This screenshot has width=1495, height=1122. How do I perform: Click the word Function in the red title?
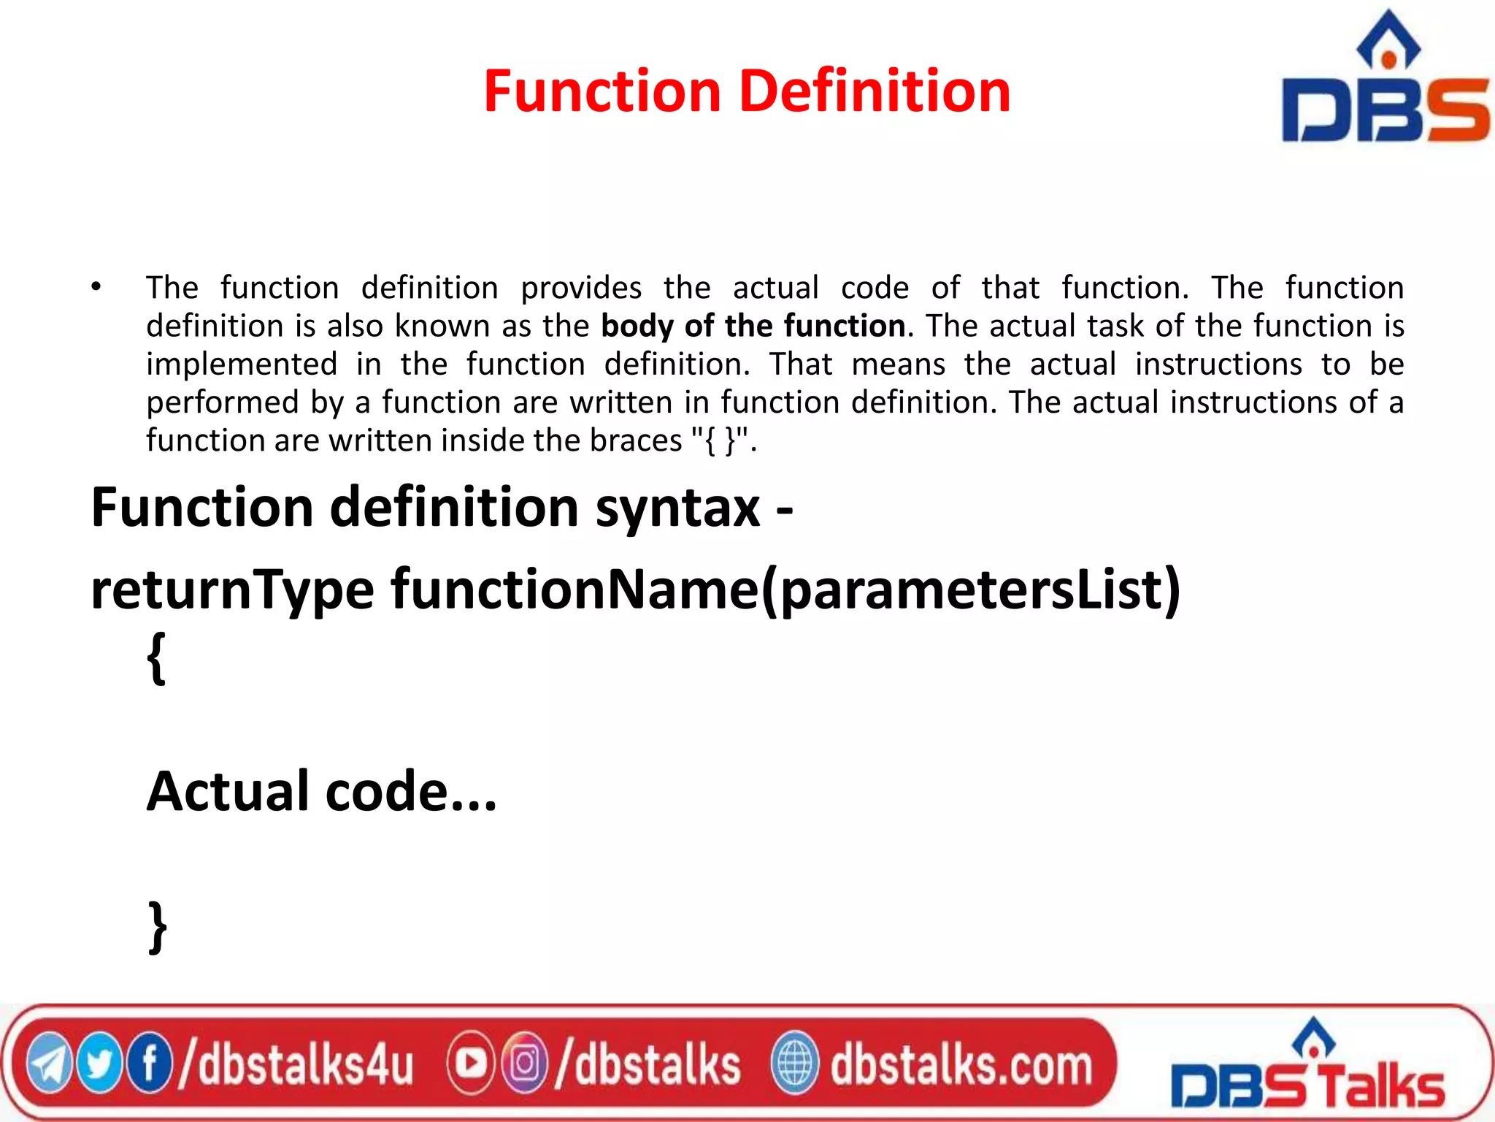click(x=602, y=91)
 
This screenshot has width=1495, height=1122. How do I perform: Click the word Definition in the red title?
click(x=875, y=91)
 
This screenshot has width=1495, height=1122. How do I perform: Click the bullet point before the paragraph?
click(x=96, y=287)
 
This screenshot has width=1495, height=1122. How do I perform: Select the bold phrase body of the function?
click(x=753, y=326)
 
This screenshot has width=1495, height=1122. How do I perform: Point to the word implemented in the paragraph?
click(x=242, y=364)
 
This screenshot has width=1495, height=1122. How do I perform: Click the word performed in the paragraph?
click(x=223, y=402)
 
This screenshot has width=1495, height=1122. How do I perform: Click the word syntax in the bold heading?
click(x=677, y=507)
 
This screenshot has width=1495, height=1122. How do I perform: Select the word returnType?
click(x=232, y=589)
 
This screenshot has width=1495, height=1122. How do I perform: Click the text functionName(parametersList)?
click(x=785, y=589)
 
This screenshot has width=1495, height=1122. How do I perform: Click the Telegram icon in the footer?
click(x=49, y=1064)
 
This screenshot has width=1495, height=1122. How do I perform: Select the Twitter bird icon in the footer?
click(x=99, y=1064)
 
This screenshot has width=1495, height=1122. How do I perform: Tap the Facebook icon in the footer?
click(x=150, y=1064)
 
